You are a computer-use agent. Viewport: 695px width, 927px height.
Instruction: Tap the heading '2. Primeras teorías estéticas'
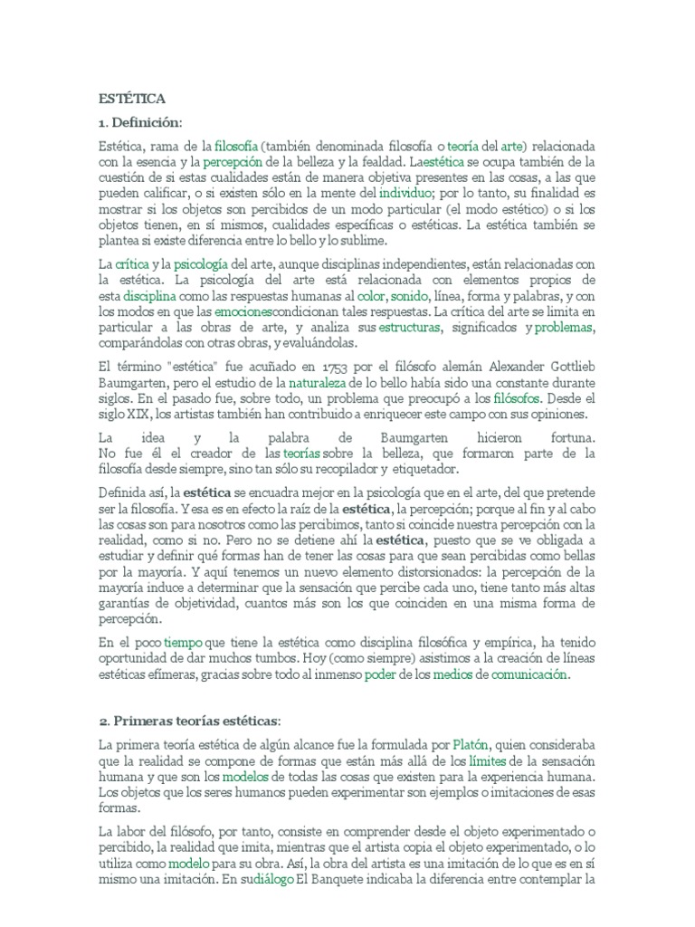pyautogui.click(x=191, y=720)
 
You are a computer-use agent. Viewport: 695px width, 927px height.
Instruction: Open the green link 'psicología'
pyautogui.click(x=202, y=263)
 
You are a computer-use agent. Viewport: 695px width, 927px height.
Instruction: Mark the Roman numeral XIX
pyautogui.click(x=136, y=415)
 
